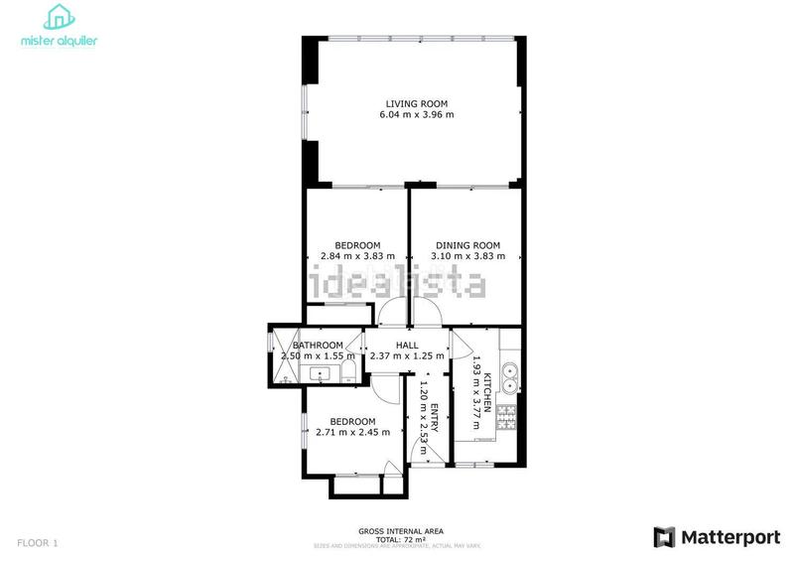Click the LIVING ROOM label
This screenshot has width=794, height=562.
click(417, 103)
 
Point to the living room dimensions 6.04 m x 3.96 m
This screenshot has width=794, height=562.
click(417, 115)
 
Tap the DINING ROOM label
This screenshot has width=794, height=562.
click(468, 245)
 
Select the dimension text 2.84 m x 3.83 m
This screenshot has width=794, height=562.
click(357, 256)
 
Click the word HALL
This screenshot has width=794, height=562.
click(406, 345)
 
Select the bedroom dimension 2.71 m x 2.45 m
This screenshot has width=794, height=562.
click(352, 432)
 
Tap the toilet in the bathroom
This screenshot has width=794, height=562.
click(349, 373)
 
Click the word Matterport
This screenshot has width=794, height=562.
click(729, 537)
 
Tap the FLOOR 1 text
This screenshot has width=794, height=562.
click(37, 542)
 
